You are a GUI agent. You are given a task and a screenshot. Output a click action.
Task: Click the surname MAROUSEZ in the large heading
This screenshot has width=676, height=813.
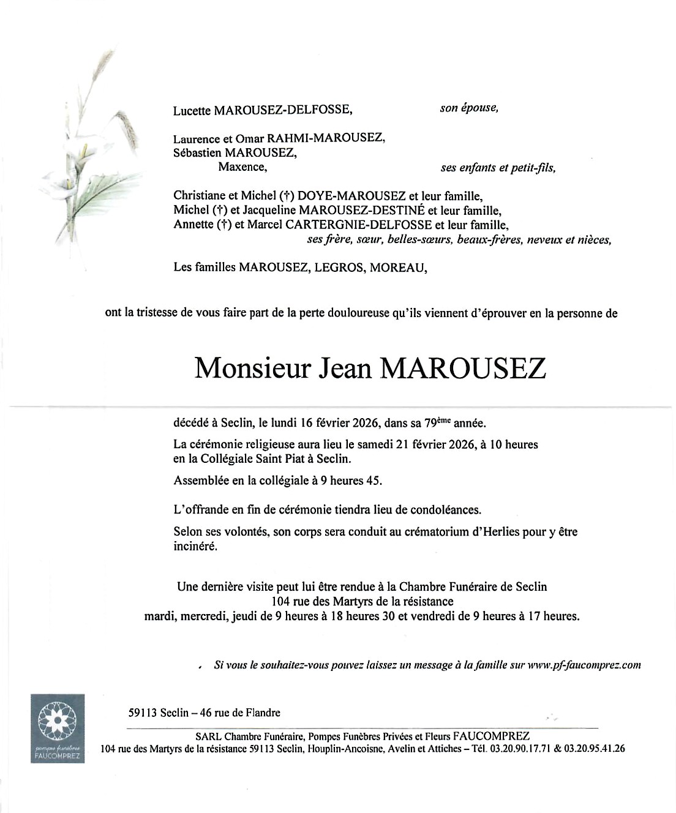pyautogui.click(x=463, y=369)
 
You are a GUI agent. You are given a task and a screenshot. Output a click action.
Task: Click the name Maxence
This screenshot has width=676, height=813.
pyautogui.click(x=242, y=167)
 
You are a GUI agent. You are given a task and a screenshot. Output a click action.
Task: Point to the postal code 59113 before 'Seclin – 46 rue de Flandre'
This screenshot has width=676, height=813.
pyautogui.click(x=143, y=713)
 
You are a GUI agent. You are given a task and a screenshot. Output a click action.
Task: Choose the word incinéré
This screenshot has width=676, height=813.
pyautogui.click(x=195, y=547)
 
